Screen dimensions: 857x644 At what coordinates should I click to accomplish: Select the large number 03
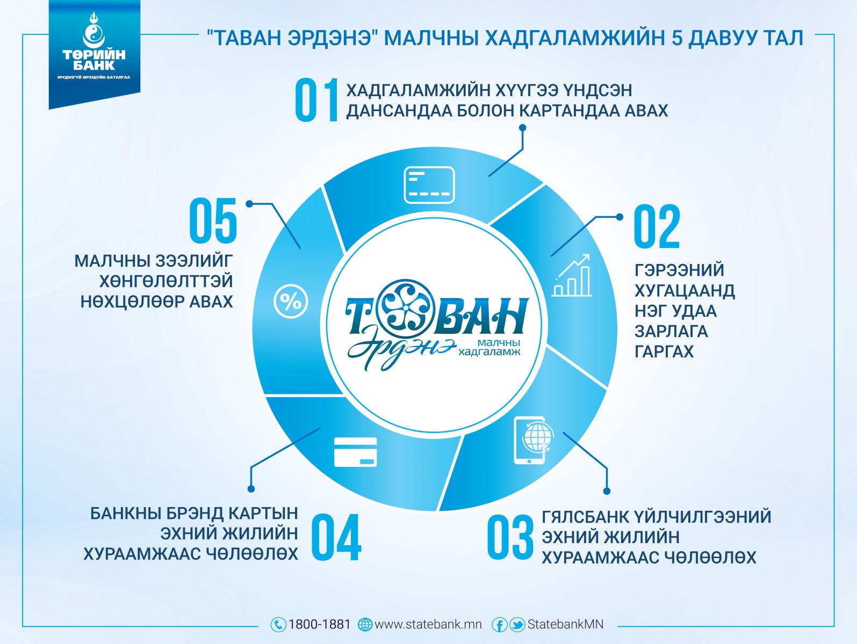point(510,537)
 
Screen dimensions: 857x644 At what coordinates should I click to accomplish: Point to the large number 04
point(336,537)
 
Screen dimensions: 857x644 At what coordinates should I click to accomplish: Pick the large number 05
point(213,220)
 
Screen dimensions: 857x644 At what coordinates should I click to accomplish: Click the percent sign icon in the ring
point(291,302)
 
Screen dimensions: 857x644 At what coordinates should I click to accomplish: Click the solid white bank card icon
point(355,452)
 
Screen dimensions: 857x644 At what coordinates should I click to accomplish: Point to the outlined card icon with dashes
point(429,185)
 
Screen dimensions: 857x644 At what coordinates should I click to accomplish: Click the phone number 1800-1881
point(319,624)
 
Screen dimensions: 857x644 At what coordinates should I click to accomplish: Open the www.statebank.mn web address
point(428,624)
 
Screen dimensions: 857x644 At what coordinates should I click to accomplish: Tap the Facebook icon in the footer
point(499,625)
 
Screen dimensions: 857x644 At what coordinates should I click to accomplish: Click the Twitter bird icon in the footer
point(517,625)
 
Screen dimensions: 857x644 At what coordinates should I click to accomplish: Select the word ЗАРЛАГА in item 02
point(671,331)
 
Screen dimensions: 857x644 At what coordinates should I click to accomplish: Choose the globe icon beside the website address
point(365,625)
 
